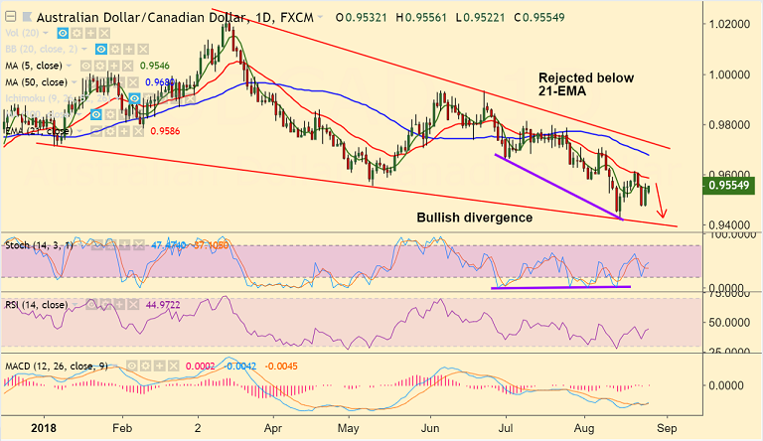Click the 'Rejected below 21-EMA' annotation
[585, 84]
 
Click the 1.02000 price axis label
[727, 23]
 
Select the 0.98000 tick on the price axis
[727, 125]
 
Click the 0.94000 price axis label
[727, 226]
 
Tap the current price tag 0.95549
[730, 185]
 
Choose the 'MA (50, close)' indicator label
[41, 82]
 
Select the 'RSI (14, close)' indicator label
[38, 304]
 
